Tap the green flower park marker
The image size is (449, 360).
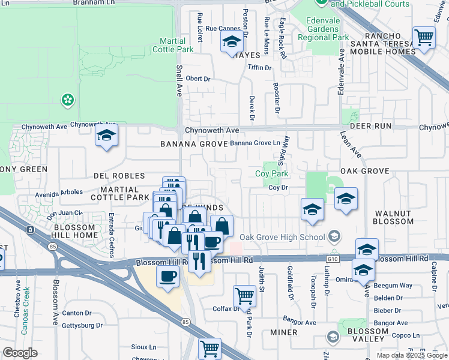(68, 100)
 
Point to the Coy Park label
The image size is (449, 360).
(272, 174)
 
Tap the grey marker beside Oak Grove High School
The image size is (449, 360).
(334, 236)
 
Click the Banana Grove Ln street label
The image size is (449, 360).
(256, 143)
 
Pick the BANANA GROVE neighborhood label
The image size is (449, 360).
(193, 144)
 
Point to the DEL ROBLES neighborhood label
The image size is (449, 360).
(119, 176)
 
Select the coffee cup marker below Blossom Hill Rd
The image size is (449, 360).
(167, 276)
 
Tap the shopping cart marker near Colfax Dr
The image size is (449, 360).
(244, 295)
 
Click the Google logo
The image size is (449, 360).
(20, 353)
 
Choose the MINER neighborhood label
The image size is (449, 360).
(283, 332)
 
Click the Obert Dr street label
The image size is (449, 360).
(199, 79)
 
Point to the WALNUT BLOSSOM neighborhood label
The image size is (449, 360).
(394, 217)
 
